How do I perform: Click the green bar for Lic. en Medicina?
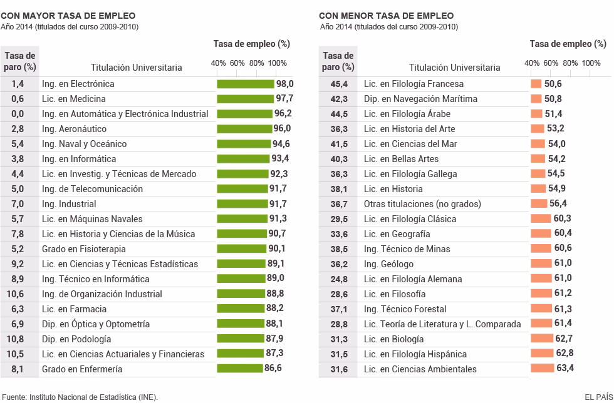pyautogui.click(x=245, y=99)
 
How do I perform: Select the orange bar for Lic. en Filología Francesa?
pyautogui.click(x=536, y=84)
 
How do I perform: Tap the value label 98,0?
pyautogui.click(x=285, y=84)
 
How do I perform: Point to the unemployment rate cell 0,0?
pyautogui.click(x=18, y=114)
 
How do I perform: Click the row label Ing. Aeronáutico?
pyautogui.click(x=74, y=129)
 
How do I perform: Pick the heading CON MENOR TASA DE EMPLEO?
pyautogui.click(x=386, y=16)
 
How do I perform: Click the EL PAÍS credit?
pyautogui.click(x=597, y=396)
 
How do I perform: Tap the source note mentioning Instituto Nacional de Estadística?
pyautogui.click(x=80, y=396)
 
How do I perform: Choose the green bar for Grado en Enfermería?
pyautogui.click(x=239, y=369)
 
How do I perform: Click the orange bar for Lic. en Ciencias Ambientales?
pyautogui.click(x=542, y=369)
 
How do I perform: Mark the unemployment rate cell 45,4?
pyautogui.click(x=338, y=84)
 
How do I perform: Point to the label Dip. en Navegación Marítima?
pyautogui.click(x=420, y=99)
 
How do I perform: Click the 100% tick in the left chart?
pyautogui.click(x=277, y=63)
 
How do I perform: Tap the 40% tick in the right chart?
pyautogui.click(x=531, y=63)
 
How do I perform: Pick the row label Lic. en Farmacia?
pyautogui.click(x=74, y=309)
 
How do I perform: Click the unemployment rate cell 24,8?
pyautogui.click(x=338, y=279)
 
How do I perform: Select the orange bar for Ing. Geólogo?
pyautogui.click(x=541, y=264)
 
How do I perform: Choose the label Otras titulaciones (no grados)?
pyautogui.click(x=422, y=204)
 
